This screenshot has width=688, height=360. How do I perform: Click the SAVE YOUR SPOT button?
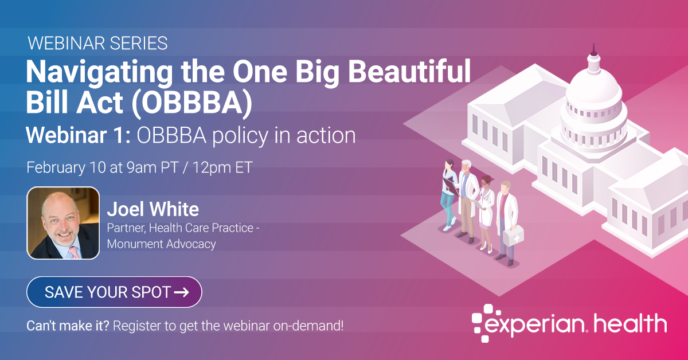pos(114,292)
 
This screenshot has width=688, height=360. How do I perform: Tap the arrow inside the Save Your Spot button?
pos(182,292)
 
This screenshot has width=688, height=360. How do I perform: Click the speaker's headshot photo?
pos(63,223)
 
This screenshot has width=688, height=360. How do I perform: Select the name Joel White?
pos(153,209)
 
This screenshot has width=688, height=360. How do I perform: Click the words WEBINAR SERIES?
pos(97,43)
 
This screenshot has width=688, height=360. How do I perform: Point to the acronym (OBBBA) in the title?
pos(192,103)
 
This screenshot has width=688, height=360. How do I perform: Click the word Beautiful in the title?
pos(409,72)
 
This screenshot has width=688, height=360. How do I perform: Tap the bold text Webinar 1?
pos(79,135)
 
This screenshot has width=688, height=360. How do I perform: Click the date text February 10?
pos(66,168)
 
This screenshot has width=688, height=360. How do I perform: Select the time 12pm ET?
pos(222,168)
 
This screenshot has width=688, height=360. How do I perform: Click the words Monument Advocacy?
pos(161,244)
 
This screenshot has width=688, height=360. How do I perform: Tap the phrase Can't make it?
pos(68,326)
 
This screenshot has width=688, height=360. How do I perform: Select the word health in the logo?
pos(630,323)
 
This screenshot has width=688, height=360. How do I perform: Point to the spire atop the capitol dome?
pos(594,50)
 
